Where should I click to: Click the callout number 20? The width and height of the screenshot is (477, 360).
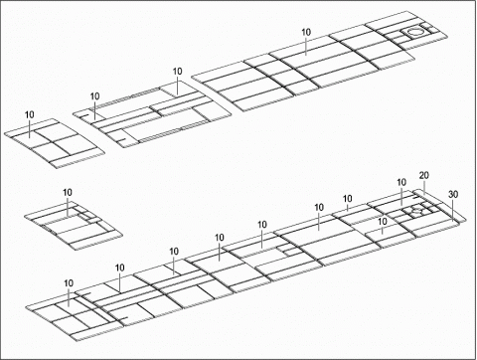(x=424, y=176)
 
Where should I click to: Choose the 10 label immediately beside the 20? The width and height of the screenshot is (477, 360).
(x=401, y=183)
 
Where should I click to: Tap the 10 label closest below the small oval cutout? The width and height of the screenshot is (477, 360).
(x=382, y=222)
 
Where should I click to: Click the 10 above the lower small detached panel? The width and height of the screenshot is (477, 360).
(x=68, y=192)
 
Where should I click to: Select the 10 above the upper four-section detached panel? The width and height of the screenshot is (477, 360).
(x=29, y=115)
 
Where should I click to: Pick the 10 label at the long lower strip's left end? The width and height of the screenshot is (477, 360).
(x=69, y=284)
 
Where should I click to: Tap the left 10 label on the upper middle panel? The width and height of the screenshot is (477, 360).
(x=94, y=96)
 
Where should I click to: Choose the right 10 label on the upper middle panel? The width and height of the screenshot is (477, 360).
(x=177, y=72)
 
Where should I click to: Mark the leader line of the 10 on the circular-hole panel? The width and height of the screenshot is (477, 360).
(x=306, y=45)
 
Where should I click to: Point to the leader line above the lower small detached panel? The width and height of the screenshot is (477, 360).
(x=68, y=205)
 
